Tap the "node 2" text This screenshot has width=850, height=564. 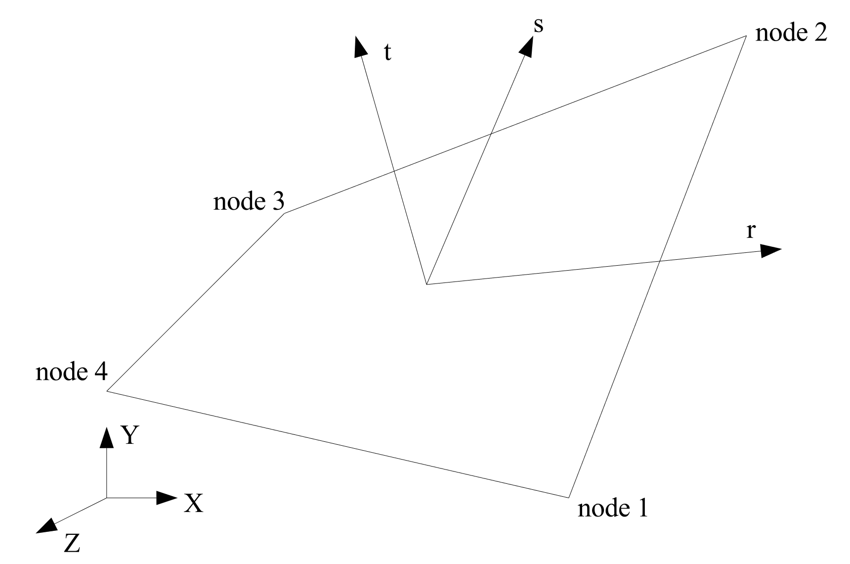791,33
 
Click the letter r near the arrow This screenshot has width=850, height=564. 750,231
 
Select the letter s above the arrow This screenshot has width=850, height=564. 538,26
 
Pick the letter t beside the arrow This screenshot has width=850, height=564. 387,52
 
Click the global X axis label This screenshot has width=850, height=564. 193,503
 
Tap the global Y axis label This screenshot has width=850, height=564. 129,435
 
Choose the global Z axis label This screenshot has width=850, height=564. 72,544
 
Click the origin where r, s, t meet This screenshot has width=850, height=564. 426,284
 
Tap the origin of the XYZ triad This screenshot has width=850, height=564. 107,498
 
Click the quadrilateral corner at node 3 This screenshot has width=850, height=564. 285,213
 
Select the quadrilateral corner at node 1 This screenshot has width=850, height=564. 569,497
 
